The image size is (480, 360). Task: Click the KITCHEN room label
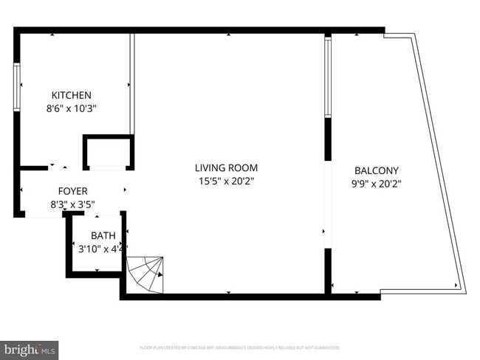tap(71, 95)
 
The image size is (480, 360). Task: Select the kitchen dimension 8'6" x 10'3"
tap(71, 108)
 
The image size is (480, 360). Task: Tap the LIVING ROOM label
tap(226, 168)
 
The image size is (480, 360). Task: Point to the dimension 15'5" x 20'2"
tap(226, 181)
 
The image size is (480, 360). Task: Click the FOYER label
tap(72, 190)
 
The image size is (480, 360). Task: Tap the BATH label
tap(103, 236)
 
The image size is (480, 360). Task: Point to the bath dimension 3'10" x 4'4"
tap(103, 249)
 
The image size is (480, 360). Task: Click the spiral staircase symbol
tap(146, 274)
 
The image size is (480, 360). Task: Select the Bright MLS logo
tap(30, 348)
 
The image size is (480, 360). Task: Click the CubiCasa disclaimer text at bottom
tap(239, 347)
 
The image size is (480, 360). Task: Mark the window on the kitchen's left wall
tap(17, 87)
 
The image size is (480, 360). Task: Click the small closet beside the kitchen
tap(108, 153)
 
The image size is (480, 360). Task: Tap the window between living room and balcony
tap(327, 77)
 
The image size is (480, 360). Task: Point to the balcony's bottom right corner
tap(461, 290)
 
